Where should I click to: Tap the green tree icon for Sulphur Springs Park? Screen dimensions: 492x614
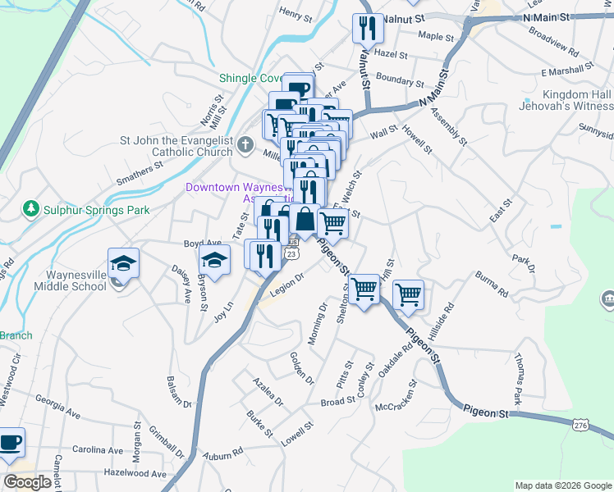coord(31,209)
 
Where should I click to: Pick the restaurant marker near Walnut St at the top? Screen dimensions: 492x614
coord(366,29)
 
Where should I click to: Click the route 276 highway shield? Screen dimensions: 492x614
coord(581,424)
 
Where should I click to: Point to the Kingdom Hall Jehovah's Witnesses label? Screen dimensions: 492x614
coord(566,100)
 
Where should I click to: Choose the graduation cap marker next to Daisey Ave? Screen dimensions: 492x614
coord(123,262)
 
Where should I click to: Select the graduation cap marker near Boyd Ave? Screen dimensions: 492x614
coord(214,260)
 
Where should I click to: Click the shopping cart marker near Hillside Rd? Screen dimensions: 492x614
coord(408,294)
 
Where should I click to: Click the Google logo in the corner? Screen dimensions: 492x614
coord(28,482)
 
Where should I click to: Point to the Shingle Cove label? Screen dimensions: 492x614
coord(250,79)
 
